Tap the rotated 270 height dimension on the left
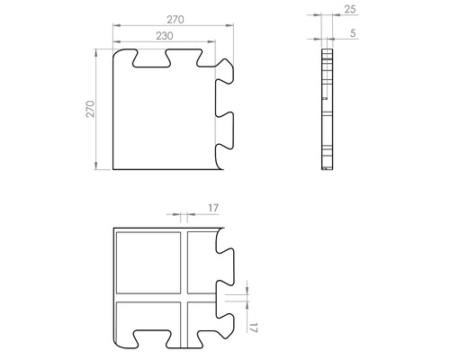[x=90, y=109]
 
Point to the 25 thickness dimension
[x=350, y=10]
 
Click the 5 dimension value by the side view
[x=350, y=34]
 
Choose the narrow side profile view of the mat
[x=327, y=109]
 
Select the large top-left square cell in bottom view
[x=148, y=261]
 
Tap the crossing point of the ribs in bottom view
[x=183, y=296]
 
